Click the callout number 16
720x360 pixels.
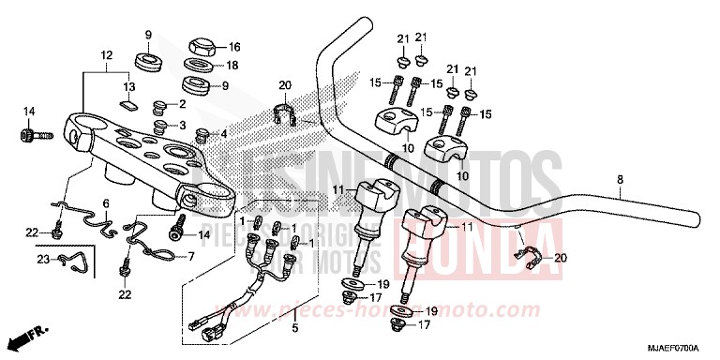pyautogui.click(x=234, y=46)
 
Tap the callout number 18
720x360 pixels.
pyautogui.click(x=234, y=66)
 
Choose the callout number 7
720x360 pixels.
pyautogui.click(x=191, y=255)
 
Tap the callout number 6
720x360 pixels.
pyautogui.click(x=106, y=202)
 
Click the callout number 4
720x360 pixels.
pyautogui.click(x=222, y=133)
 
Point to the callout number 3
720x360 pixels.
pyautogui.click(x=182, y=125)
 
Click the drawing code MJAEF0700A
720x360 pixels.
pyautogui.click(x=680, y=348)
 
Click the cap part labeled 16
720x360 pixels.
pyautogui.click(x=202, y=43)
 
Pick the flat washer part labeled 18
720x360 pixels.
pyautogui.click(x=195, y=65)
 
